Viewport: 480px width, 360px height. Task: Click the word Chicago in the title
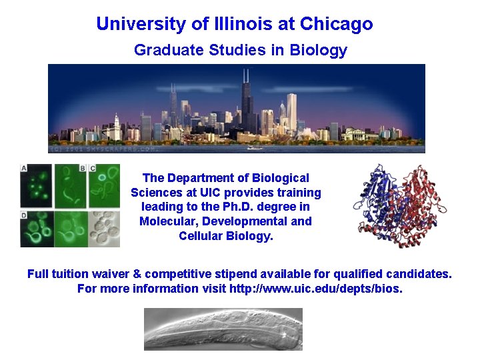336,25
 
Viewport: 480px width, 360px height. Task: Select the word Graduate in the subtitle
163,50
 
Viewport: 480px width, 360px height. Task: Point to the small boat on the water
254,147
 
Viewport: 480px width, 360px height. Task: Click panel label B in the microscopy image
83,169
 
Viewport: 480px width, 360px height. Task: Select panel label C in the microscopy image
93,169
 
